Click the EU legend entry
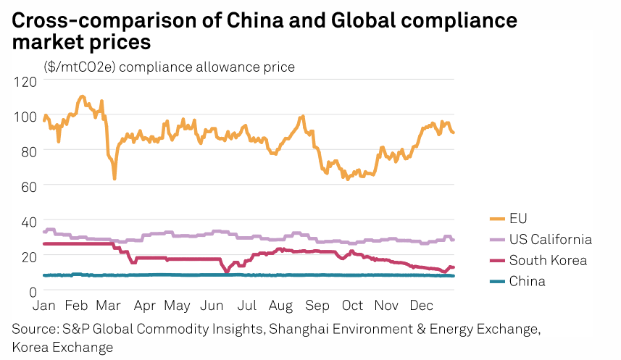point(518,218)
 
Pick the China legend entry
point(526,281)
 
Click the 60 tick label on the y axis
point(28,185)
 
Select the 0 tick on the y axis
point(31,291)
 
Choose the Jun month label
point(212,306)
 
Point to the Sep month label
point(317,306)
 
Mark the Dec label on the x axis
point(421,306)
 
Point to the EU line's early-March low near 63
point(114,178)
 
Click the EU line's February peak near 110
point(82,96)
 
